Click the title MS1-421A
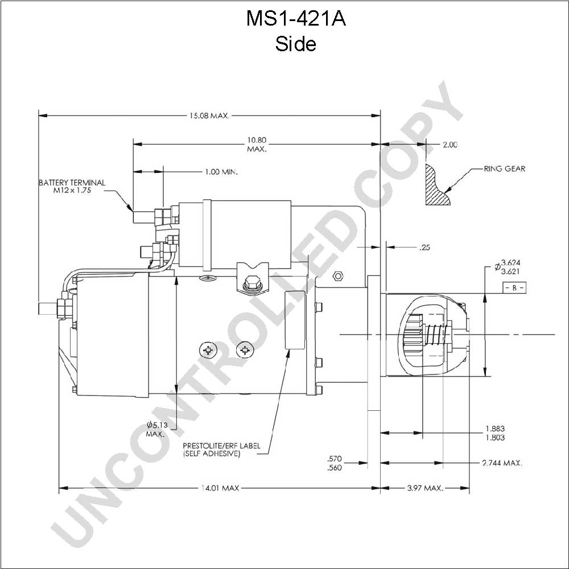(296, 19)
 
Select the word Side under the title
(295, 44)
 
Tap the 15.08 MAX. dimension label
(209, 116)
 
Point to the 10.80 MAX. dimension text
(257, 145)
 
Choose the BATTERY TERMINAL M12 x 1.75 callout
(72, 186)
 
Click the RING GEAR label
(504, 169)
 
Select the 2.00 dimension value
(450, 145)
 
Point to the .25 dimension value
(424, 248)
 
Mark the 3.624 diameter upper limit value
(510, 262)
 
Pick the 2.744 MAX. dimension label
(502, 463)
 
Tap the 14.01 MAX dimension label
(220, 488)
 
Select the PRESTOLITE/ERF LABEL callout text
(221, 450)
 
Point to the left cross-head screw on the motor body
(208, 350)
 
